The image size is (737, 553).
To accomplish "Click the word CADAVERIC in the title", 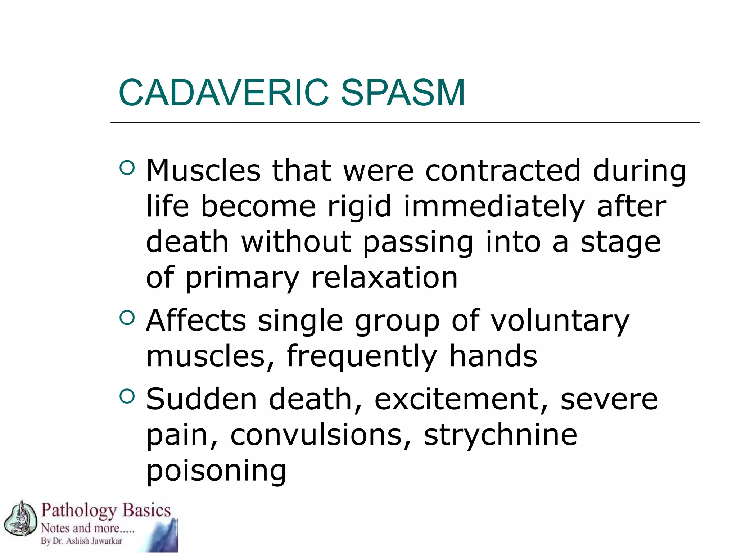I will (x=223, y=93).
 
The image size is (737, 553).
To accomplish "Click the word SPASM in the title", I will (x=403, y=93).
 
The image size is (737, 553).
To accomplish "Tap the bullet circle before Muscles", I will (x=127, y=167).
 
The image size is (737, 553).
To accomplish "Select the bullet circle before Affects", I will (x=127, y=318).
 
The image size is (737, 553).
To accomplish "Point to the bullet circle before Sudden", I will (x=127, y=396).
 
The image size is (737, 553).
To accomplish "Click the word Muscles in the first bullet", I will (x=203, y=171).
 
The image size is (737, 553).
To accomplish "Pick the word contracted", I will (x=503, y=171).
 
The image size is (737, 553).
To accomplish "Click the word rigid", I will (x=359, y=207).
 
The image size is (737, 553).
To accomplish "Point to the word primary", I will (x=242, y=278).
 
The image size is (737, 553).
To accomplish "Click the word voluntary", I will (x=560, y=320).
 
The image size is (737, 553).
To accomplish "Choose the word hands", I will (x=493, y=356).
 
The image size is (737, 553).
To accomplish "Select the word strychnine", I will (x=500, y=435).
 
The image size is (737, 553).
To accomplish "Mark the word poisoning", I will (x=216, y=471).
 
